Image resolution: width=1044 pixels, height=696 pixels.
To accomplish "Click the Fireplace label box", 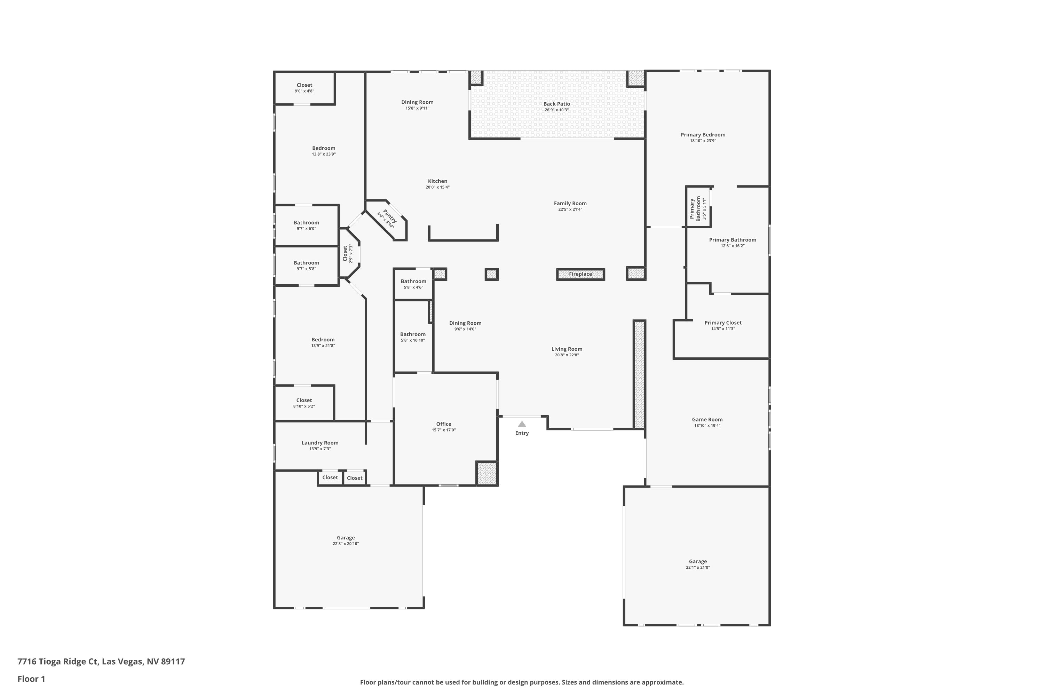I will [580, 274].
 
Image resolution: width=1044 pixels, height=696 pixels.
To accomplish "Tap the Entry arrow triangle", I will [522, 424].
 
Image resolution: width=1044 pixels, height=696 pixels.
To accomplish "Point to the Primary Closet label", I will [723, 323].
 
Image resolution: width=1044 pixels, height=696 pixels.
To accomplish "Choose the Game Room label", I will [707, 419].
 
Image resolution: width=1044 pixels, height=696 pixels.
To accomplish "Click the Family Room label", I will [570, 203].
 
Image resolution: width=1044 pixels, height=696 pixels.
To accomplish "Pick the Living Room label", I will [567, 349].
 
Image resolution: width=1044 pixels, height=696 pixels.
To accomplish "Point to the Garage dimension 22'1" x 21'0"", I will [698, 567].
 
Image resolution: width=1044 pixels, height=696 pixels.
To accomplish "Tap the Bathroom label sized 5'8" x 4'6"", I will [413, 282].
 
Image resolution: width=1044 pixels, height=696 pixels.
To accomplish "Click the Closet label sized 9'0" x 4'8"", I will [304, 85].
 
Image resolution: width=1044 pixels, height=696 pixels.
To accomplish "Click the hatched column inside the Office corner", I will [487, 474].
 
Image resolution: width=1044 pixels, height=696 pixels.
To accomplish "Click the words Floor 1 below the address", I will [31, 679].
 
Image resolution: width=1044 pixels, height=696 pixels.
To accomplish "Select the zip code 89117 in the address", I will [173, 662].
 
